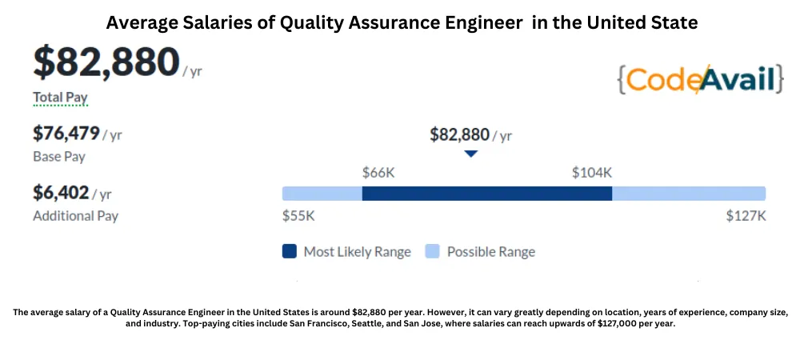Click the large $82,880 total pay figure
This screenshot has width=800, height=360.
(x=106, y=62)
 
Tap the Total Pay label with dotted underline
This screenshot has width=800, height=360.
(x=60, y=98)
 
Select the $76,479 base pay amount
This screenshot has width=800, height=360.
(x=66, y=134)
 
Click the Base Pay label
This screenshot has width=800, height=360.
(x=59, y=157)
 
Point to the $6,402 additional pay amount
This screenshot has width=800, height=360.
(x=61, y=193)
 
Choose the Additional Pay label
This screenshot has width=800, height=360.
(x=75, y=216)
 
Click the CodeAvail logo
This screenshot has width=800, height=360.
(x=701, y=79)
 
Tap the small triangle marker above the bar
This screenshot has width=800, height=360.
(x=471, y=154)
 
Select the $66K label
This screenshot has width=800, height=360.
(x=378, y=173)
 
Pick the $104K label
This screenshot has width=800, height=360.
(x=592, y=173)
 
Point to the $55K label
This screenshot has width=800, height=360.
(x=298, y=216)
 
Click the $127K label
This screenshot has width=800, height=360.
(x=746, y=216)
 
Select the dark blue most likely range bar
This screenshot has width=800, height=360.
(x=486, y=194)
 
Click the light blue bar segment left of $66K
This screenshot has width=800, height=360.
(x=322, y=194)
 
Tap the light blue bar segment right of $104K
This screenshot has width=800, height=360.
(x=689, y=194)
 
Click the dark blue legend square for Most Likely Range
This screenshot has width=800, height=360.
(x=290, y=251)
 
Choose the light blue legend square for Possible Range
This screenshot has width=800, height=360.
(x=432, y=251)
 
